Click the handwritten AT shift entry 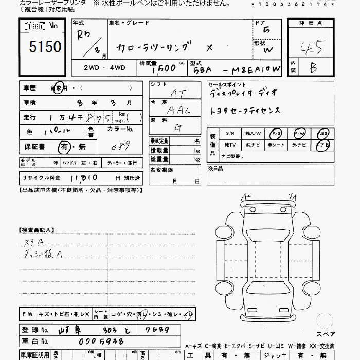click(x=178, y=94)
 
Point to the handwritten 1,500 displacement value click(x=164, y=68)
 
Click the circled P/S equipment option click(x=276, y=133)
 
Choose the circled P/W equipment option click(x=299, y=133)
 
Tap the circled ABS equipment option click(x=323, y=133)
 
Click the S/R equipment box click(x=230, y=133)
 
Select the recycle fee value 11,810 click(x=82, y=177)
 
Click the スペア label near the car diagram click(x=325, y=335)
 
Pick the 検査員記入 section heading click(x=37, y=230)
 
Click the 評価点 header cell click(x=312, y=23)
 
